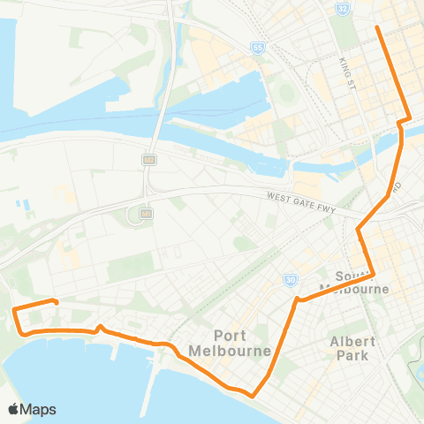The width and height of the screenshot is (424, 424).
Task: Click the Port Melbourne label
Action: point(244,341)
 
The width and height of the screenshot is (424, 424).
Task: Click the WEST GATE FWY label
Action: point(300,199)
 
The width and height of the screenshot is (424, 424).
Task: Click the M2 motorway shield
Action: point(150,160)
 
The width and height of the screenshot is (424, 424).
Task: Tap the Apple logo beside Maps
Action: point(14,409)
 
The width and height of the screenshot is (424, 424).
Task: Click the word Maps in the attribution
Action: point(39,409)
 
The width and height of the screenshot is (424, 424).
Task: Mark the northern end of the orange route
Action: point(378,27)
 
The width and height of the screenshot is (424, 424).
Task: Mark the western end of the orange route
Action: point(57,303)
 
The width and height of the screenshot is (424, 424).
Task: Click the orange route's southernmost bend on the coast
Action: point(254,396)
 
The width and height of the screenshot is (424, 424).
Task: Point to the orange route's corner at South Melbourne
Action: point(375,275)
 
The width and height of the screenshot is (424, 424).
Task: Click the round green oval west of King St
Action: point(284,94)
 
